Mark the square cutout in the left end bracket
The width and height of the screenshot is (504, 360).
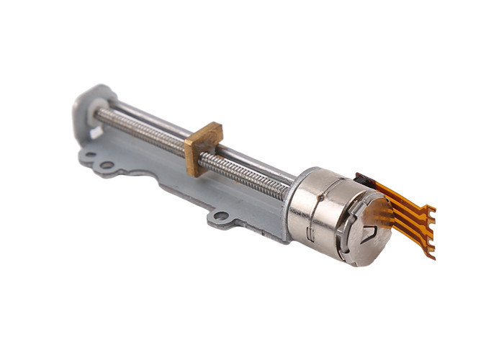pyautogui.click(x=96, y=132)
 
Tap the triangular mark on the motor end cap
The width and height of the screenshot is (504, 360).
pyautogui.click(x=370, y=232)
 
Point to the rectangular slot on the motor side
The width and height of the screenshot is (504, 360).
pyautogui.click(x=310, y=233)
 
